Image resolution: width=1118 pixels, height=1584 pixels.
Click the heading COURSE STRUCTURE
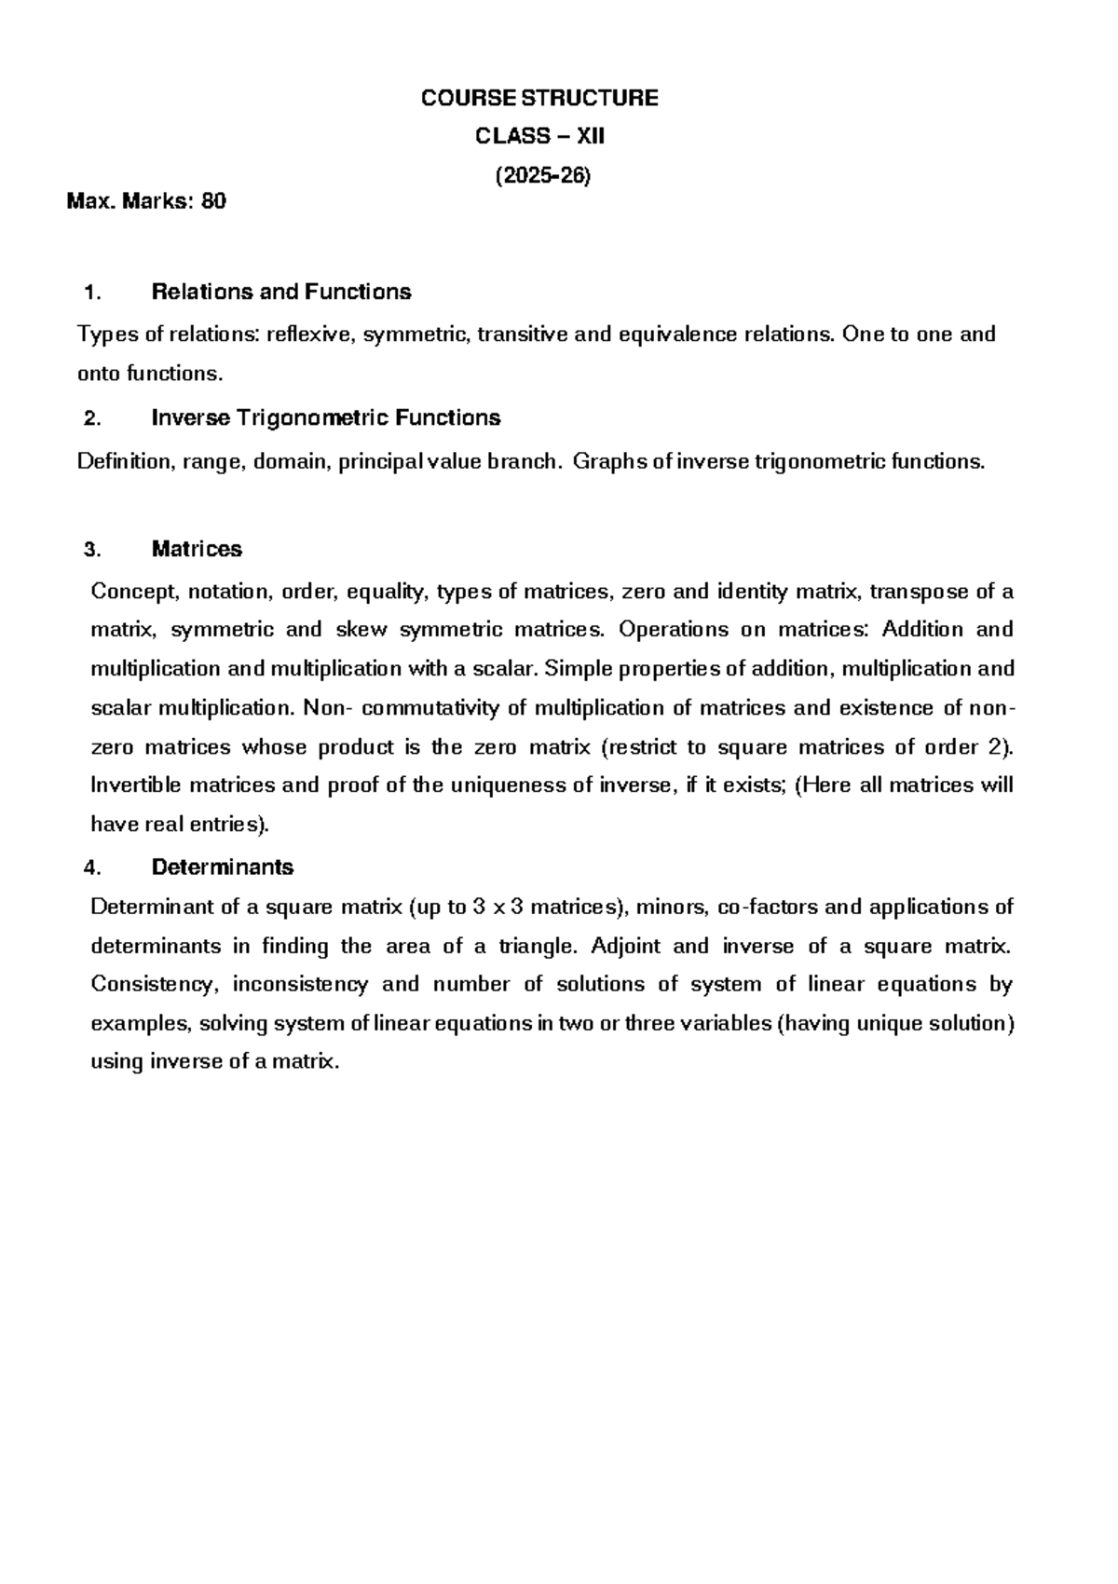tap(539, 98)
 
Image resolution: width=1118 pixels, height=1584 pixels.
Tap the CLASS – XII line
tap(539, 136)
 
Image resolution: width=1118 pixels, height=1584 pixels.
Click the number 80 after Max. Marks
tap(213, 200)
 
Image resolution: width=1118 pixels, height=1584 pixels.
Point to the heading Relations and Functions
tap(280, 292)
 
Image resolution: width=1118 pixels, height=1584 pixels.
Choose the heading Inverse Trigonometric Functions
tap(325, 417)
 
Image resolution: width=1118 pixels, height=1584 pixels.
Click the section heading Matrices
tap(197, 549)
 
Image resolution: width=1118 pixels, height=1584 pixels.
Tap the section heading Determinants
tap(222, 867)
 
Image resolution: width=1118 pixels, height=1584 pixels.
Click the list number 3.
tap(91, 550)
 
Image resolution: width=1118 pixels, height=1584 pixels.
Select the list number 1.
tap(91, 293)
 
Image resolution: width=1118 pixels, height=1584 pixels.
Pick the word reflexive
tap(310, 334)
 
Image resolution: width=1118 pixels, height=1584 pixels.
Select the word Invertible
tap(136, 785)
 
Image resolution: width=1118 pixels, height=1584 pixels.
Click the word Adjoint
tap(625, 946)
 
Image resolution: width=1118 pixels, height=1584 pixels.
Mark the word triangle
tap(539, 946)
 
